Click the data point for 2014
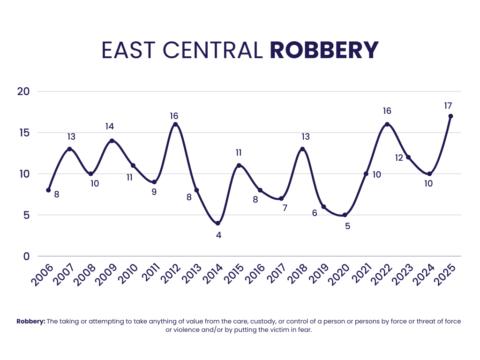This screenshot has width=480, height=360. click(x=217, y=223)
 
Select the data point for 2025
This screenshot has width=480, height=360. click(x=450, y=116)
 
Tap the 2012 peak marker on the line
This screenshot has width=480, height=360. click(x=175, y=124)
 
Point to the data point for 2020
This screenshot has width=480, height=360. click(x=345, y=215)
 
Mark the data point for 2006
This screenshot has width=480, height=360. click(x=48, y=190)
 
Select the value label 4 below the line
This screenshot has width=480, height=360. click(x=218, y=235)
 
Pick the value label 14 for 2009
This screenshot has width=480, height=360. click(x=110, y=127)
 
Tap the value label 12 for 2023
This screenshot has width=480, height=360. click(x=399, y=158)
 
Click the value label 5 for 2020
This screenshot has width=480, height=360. click(x=347, y=226)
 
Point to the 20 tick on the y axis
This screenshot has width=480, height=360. click(x=23, y=91)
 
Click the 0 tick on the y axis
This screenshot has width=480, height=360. click(x=26, y=256)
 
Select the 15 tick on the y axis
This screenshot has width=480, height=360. click(x=23, y=133)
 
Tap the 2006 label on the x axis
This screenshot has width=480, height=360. click(x=42, y=275)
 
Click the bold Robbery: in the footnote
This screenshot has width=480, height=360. click(x=30, y=322)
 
